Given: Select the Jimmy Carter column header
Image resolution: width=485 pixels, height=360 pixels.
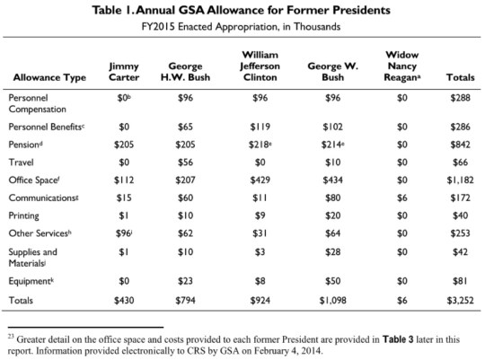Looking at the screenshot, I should (123, 72).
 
